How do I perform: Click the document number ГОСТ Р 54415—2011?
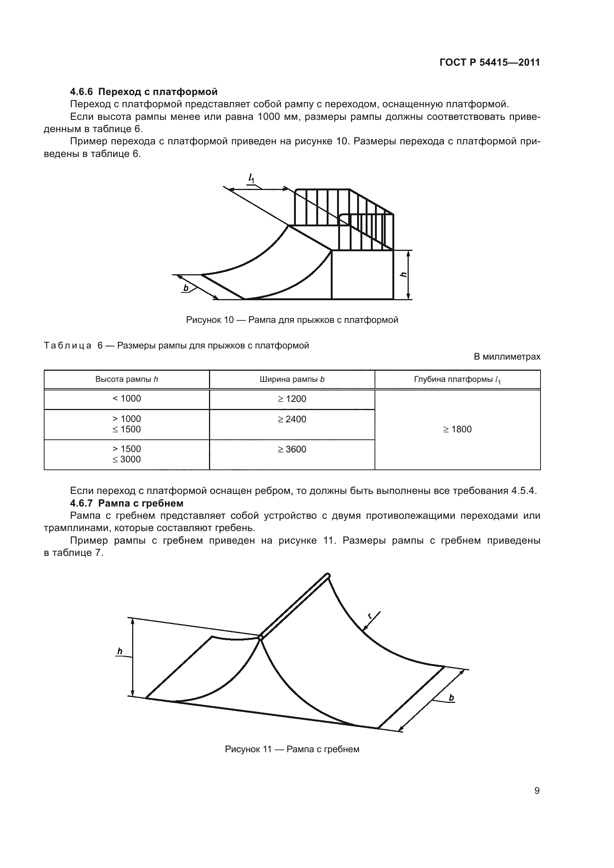click(x=490, y=63)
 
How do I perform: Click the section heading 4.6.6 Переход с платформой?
click(x=144, y=92)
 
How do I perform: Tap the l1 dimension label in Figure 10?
click(x=251, y=178)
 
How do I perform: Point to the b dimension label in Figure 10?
click(x=186, y=288)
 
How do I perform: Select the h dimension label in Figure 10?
click(x=404, y=275)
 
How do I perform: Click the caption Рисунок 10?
click(x=292, y=320)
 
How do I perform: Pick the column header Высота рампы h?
click(x=126, y=379)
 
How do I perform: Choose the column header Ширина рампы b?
click(x=292, y=379)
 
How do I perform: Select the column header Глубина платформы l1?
click(x=457, y=380)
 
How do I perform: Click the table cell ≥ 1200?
click(x=292, y=399)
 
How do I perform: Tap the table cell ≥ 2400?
click(x=292, y=419)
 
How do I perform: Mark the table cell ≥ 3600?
click(x=292, y=449)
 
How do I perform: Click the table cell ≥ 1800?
click(x=457, y=429)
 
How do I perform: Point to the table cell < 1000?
click(x=126, y=399)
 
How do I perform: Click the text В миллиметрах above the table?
click(x=507, y=357)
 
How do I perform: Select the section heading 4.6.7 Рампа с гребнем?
click(x=127, y=504)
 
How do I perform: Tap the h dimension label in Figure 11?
click(x=120, y=651)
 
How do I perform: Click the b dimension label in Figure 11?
click(x=451, y=698)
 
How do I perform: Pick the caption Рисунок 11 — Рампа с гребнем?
click(x=292, y=749)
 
